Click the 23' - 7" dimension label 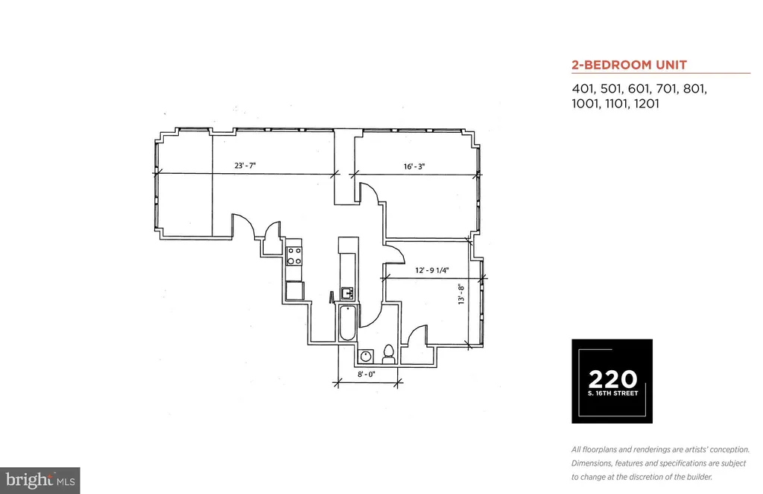(244, 166)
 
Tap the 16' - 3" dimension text (414, 166)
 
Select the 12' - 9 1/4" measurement (431, 270)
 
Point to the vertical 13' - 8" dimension (460, 294)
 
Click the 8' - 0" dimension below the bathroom (367, 374)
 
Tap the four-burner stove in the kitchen (294, 256)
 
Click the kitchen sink (347, 293)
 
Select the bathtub (347, 322)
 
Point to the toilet (388, 354)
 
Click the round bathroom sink (365, 357)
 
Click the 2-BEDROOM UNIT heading (629, 65)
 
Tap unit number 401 (583, 89)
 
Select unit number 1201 (647, 104)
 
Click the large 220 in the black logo (612, 380)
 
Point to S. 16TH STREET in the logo (612, 393)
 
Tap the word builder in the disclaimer (698, 477)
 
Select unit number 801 (695, 89)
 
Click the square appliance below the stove (295, 290)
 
